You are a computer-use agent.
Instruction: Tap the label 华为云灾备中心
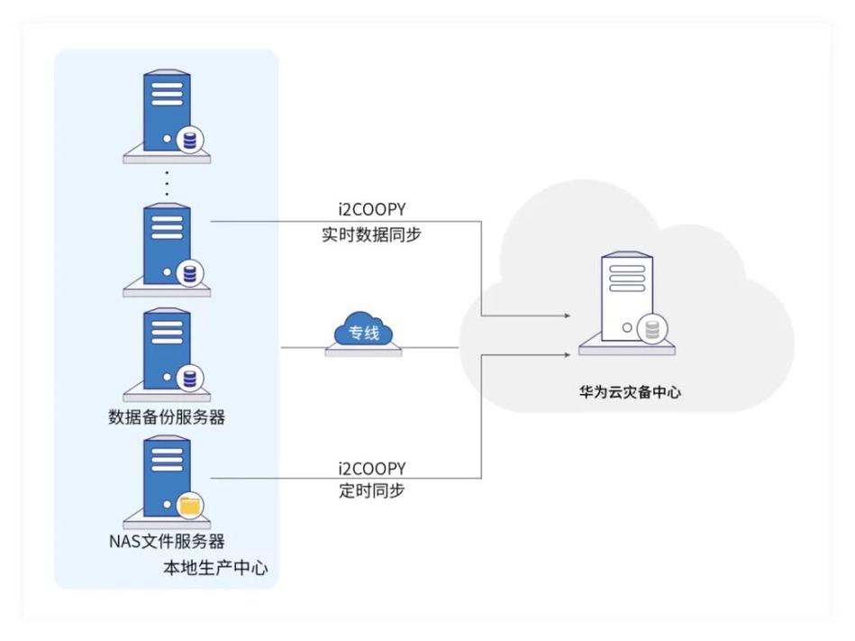point(625,393)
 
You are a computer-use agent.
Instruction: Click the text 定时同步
point(371,491)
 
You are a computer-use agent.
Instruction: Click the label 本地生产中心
point(214,568)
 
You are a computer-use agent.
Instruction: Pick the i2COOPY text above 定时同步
point(371,469)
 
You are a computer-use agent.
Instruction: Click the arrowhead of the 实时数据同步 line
point(567,316)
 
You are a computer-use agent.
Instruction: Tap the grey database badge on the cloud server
point(653,330)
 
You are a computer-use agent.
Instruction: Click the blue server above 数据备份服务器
point(166,353)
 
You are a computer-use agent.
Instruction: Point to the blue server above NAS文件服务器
point(166,478)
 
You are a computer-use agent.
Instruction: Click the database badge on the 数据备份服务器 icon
point(190,379)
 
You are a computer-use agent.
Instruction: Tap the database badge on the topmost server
point(190,141)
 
